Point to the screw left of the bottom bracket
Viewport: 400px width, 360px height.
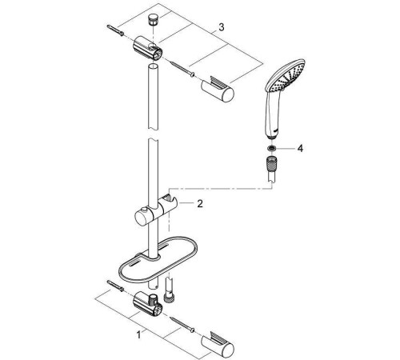click(x=113, y=289)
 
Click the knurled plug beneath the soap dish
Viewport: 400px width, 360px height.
click(x=170, y=295)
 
